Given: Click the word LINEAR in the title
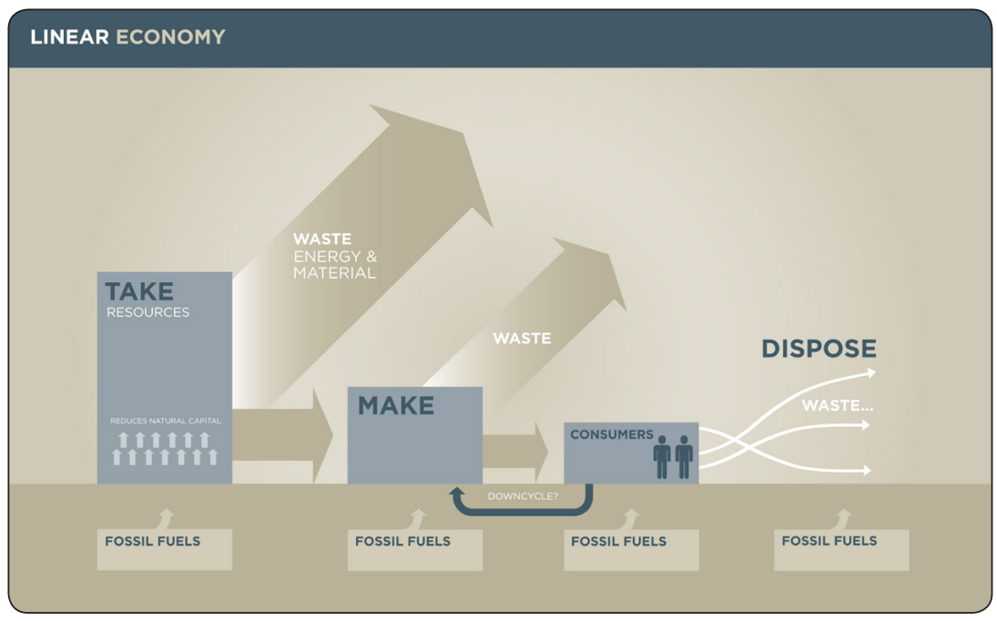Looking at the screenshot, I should [69, 37].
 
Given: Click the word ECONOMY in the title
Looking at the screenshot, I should [170, 37].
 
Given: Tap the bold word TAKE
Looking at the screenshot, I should [138, 291].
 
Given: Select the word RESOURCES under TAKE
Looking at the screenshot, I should [148, 312].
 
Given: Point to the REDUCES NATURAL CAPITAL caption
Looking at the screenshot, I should [165, 421].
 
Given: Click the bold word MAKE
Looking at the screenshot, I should [395, 406].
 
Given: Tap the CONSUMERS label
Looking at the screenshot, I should [612, 434].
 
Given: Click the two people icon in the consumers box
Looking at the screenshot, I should [673, 456].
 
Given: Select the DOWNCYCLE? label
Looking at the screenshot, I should [523, 496].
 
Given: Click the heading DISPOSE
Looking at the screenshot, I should [819, 349].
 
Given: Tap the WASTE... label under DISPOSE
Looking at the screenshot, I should [837, 405].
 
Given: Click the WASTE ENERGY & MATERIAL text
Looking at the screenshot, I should [334, 256].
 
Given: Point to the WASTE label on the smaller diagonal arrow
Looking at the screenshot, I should [522, 339].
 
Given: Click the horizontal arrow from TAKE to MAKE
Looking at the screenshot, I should [282, 435].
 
